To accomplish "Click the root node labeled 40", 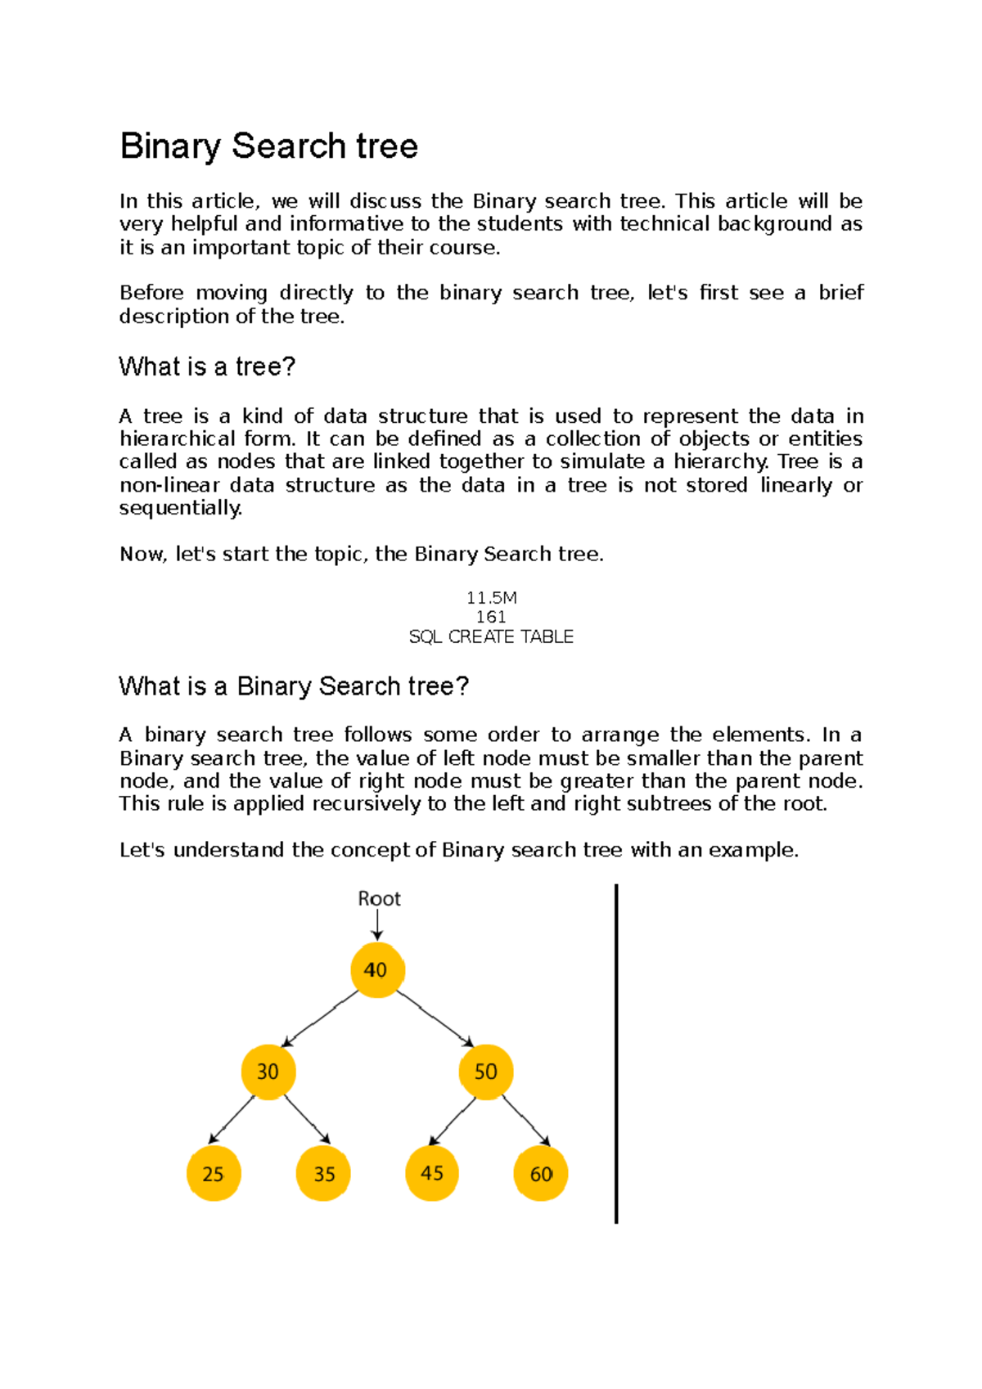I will (x=376, y=970).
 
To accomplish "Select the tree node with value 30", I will (x=268, y=1072).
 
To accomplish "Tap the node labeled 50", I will (x=486, y=1072).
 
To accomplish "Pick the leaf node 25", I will (x=214, y=1174).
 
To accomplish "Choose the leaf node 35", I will (x=323, y=1174).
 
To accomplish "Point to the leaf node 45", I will (x=432, y=1174).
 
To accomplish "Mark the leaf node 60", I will (x=540, y=1174).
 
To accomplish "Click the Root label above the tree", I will (x=379, y=899).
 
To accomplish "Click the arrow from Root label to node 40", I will (x=377, y=926).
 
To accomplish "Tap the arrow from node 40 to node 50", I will (x=434, y=1019).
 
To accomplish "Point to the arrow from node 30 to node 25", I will (x=232, y=1120).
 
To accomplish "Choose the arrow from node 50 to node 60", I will (x=525, y=1120).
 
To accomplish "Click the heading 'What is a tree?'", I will (x=206, y=366).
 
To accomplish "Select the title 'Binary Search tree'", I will (x=268, y=146).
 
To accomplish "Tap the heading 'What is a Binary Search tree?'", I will (x=294, y=686).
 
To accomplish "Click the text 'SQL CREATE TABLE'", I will (x=491, y=636).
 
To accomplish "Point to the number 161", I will (x=491, y=617).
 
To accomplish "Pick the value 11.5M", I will (x=491, y=598).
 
